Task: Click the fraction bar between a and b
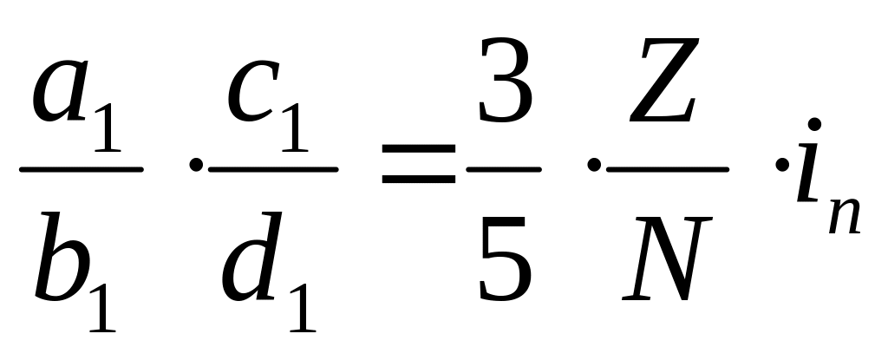click(x=81, y=169)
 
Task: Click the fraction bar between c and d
click(x=273, y=169)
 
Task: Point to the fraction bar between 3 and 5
click(x=503, y=169)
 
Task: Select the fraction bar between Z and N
click(x=667, y=169)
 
